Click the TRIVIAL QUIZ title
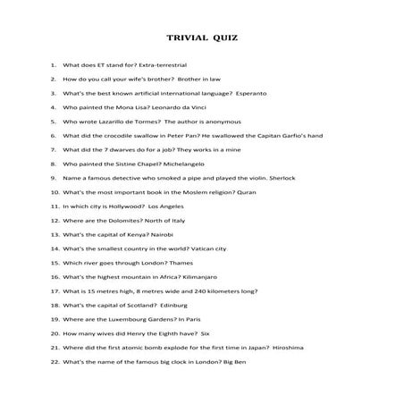(202, 40)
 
